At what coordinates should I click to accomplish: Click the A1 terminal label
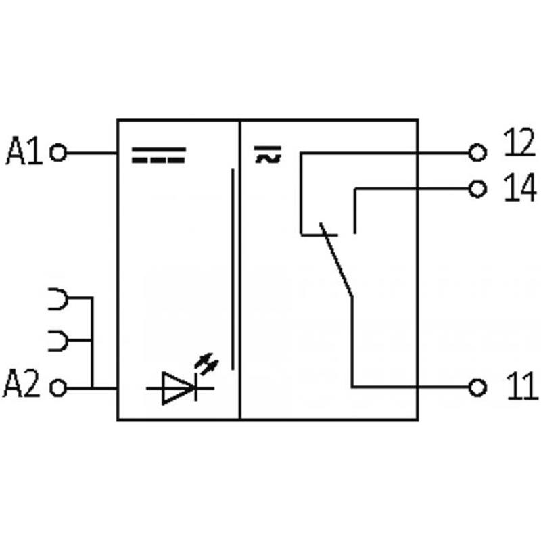point(24,153)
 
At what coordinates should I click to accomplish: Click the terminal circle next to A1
point(59,154)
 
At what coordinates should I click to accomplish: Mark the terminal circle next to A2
point(59,388)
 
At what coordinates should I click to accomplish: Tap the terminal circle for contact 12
point(478,154)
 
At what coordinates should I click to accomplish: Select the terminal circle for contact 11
point(478,387)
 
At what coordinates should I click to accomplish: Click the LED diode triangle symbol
point(178,388)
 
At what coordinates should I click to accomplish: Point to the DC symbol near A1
point(158,156)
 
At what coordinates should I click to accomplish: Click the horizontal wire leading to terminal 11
point(413,387)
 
